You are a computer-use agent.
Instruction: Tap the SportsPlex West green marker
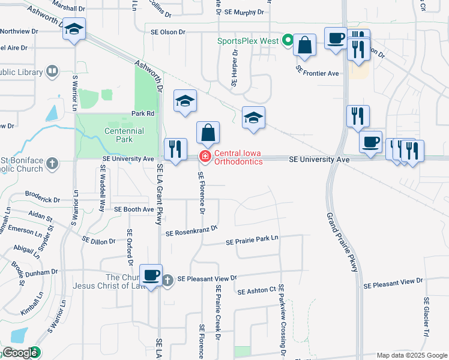[x=288, y=41]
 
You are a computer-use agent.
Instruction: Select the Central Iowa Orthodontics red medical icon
[x=205, y=157]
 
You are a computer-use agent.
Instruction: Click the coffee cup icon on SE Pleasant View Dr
[x=151, y=275]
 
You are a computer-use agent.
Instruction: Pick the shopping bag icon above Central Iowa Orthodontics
[x=208, y=133]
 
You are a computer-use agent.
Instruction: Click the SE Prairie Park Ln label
[x=252, y=241]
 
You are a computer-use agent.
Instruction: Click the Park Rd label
[x=143, y=113]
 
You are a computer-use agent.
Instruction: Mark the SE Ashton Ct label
[x=256, y=291]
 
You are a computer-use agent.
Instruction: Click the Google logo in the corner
[x=19, y=353]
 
